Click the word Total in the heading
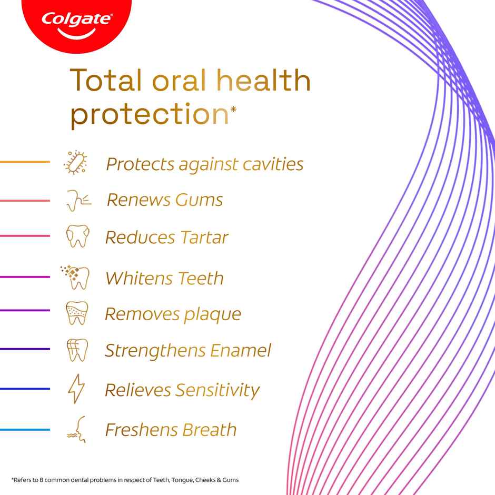point(106,81)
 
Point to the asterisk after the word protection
point(233,109)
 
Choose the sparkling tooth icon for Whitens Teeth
point(76,277)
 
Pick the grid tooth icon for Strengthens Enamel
point(77,350)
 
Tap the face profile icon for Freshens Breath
point(77,429)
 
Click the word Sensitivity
point(217,390)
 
